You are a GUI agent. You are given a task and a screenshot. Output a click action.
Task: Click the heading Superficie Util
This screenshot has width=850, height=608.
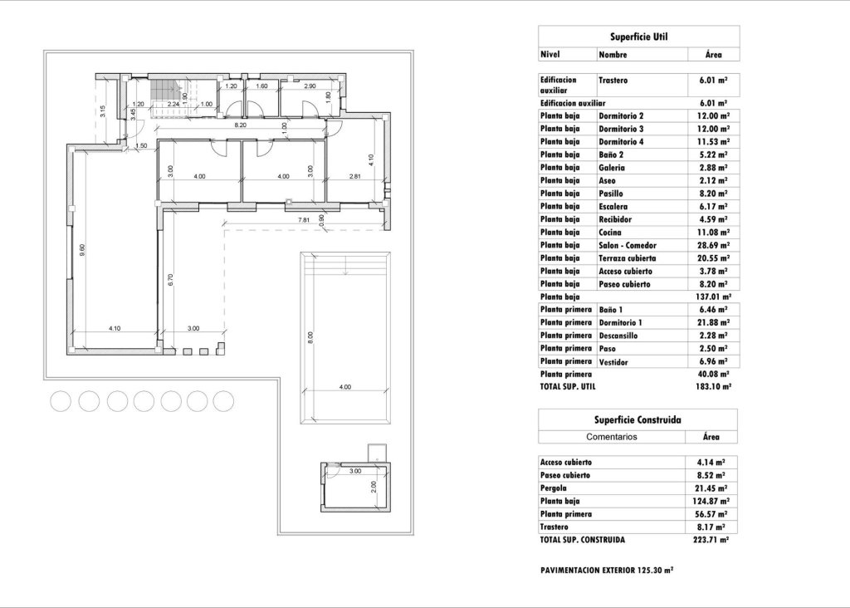coord(638,37)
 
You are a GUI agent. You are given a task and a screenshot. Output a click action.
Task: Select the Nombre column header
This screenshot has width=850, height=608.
coord(613,55)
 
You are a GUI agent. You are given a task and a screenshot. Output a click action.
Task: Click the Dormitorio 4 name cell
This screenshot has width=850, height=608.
coord(621,142)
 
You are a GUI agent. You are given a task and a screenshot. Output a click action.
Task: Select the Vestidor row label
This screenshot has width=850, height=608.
coord(614,362)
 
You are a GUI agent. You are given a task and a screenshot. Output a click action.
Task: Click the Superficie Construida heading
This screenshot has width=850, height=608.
coord(638,419)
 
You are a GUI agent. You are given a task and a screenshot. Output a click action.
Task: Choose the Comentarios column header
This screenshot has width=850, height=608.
coord(612,436)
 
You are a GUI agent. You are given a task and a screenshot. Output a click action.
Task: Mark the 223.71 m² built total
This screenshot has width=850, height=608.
coord(712,540)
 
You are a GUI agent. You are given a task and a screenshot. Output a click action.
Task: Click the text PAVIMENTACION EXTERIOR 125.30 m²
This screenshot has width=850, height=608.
coord(606,571)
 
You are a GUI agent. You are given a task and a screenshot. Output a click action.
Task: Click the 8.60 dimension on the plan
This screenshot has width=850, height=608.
coord(82,249)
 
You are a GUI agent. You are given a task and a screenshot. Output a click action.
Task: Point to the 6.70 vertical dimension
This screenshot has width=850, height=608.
coord(170,281)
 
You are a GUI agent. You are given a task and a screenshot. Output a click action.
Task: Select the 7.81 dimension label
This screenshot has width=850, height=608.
coord(304,219)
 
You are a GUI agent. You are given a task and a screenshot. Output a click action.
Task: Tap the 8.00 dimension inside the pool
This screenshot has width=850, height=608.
coord(310,337)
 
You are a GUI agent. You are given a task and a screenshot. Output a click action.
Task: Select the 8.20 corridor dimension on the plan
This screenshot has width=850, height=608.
coord(240,125)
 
